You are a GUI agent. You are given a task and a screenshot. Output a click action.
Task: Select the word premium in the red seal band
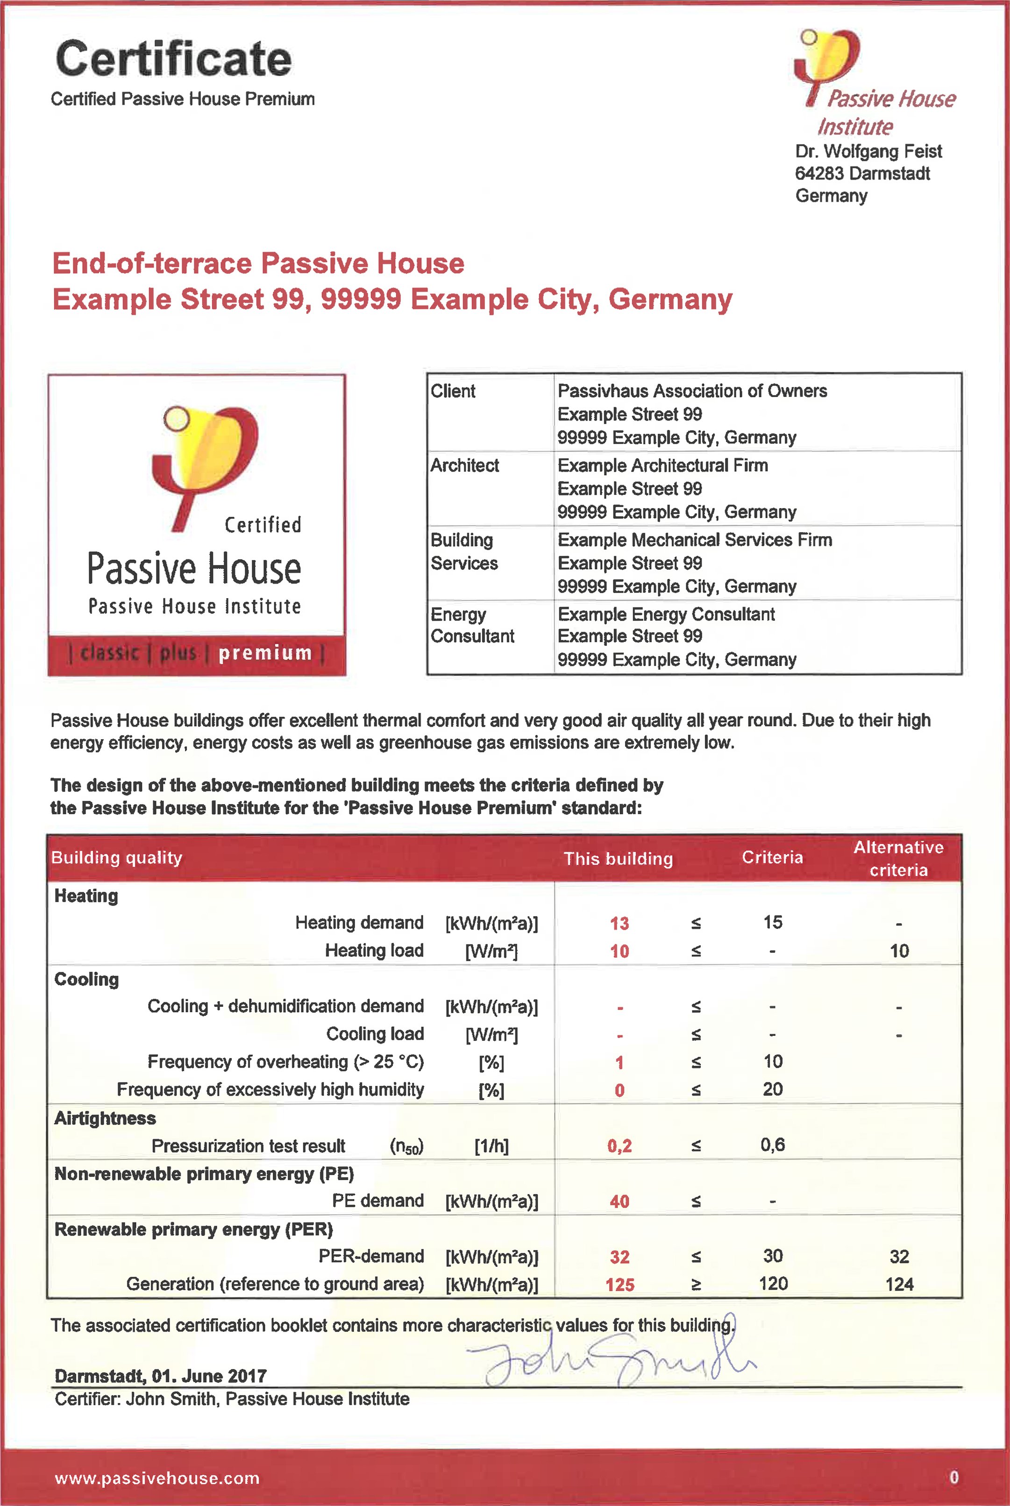265,653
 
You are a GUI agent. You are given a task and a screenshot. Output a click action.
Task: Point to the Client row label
453,391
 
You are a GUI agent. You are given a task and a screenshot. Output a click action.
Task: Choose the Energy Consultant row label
472,625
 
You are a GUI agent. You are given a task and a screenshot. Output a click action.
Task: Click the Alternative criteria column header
898,858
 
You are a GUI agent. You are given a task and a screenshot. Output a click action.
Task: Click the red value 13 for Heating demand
619,923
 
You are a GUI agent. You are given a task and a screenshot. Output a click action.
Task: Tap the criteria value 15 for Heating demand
772,922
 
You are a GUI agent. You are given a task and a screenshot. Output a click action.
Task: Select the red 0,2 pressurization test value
619,1145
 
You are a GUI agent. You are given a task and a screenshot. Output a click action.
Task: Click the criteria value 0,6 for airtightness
772,1144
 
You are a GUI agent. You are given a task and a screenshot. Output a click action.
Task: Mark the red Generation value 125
619,1285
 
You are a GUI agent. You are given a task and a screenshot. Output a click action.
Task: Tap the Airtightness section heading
105,1118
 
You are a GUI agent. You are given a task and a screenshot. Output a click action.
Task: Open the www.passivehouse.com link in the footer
157,1478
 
